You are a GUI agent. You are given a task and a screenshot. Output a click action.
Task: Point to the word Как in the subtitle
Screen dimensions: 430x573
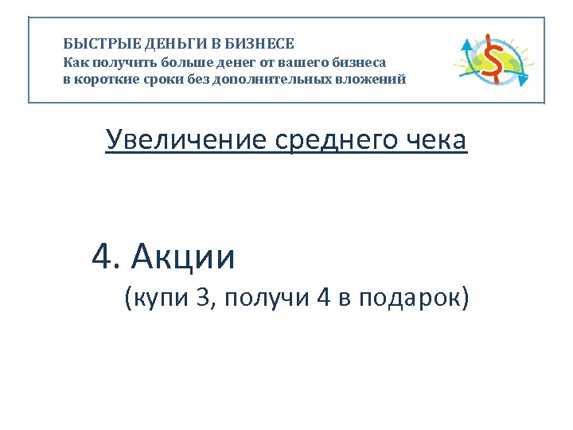pyautogui.click(x=76, y=61)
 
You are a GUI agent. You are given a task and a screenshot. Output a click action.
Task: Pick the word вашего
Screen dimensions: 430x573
pyautogui.click(x=295, y=61)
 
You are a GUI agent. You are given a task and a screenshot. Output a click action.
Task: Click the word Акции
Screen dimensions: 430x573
pyautogui.click(x=185, y=256)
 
